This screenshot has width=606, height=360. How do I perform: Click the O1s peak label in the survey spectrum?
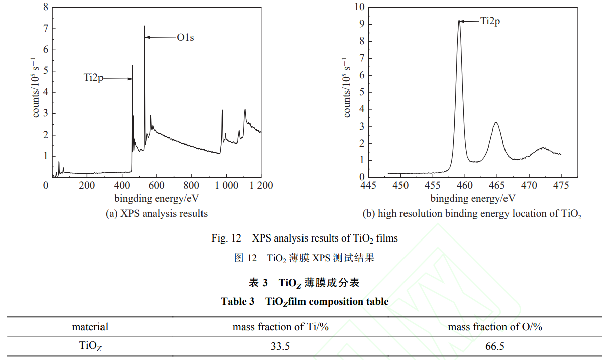(185, 37)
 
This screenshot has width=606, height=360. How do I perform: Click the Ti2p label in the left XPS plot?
(93, 78)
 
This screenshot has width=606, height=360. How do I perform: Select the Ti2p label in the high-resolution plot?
(490, 21)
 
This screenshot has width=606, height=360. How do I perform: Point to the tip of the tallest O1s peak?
(145, 26)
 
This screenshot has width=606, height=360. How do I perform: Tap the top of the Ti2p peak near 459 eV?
(459, 21)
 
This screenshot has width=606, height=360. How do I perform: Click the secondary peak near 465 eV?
(496, 123)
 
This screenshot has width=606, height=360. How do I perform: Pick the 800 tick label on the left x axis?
(191, 185)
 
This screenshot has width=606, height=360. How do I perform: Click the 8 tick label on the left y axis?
(46, 8)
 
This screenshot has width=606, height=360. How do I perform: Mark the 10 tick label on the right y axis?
(358, 7)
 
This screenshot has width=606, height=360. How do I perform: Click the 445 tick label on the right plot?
(369, 185)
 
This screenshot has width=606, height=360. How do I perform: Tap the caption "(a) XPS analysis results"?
(156, 214)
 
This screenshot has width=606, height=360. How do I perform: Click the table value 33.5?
(280, 346)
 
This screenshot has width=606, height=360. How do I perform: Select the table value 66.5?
(495, 346)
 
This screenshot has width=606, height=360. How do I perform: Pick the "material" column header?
(90, 327)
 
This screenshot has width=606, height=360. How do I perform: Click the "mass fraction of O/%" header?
(495, 327)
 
